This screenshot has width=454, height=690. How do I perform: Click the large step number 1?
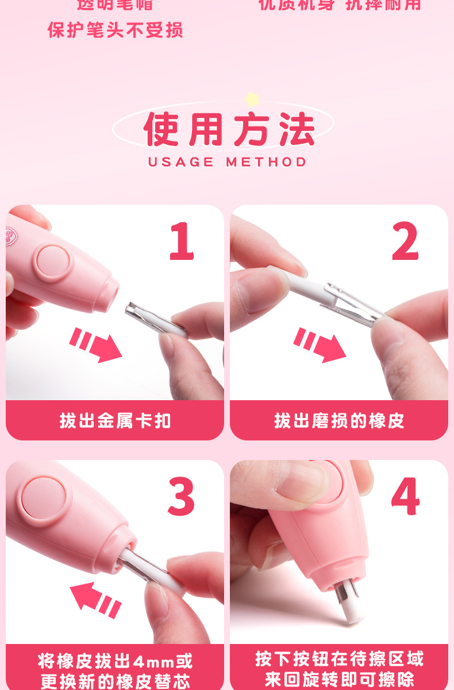click(x=182, y=242)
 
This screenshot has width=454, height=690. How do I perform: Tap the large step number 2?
click(x=405, y=242)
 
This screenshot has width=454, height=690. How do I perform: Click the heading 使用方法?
click(x=229, y=129)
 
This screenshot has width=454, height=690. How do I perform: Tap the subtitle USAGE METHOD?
click(x=228, y=162)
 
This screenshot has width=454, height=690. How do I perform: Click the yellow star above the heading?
click(x=251, y=99)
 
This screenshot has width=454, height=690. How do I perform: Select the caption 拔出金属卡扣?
click(x=115, y=421)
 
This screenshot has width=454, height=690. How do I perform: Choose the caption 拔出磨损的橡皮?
click(x=339, y=421)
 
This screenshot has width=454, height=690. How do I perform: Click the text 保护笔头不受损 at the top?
click(x=115, y=30)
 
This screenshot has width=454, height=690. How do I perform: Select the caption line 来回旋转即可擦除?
click(x=339, y=680)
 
